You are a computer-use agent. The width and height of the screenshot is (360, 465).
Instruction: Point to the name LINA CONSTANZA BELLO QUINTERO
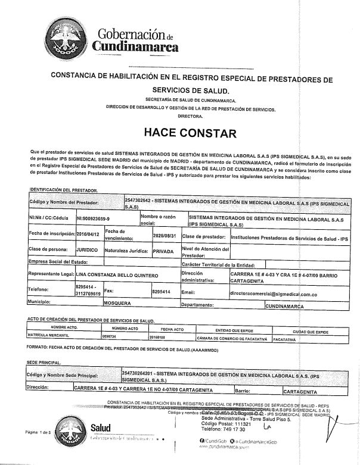click(117, 275)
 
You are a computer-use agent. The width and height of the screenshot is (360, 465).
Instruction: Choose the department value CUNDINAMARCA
click(284, 307)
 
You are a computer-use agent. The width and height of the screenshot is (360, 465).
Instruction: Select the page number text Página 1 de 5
click(38, 432)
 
